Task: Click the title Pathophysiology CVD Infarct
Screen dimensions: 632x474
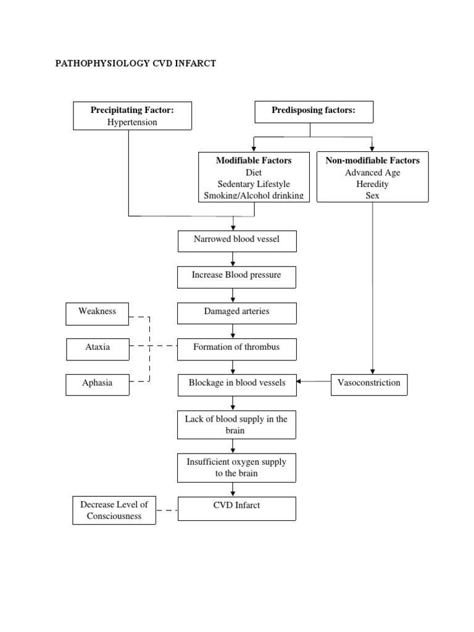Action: click(136, 64)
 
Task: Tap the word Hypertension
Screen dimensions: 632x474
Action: click(132, 122)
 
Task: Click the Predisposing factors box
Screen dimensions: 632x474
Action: click(314, 112)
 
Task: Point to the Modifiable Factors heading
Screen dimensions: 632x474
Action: click(254, 160)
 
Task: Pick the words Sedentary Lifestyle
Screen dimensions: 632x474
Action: click(254, 184)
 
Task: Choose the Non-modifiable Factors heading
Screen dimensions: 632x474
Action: click(372, 160)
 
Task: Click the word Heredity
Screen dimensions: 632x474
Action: click(372, 184)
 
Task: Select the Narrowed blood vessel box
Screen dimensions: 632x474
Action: click(237, 241)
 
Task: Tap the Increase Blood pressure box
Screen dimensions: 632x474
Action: click(237, 276)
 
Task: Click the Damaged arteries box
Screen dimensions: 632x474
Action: click(237, 312)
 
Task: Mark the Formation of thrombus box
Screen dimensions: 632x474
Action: click(237, 348)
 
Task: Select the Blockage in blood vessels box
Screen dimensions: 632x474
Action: click(237, 383)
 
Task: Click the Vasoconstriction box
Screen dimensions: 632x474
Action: click(369, 383)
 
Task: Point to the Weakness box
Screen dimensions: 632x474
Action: click(98, 312)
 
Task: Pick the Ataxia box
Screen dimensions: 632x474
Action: click(98, 348)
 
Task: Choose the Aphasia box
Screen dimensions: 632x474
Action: click(98, 383)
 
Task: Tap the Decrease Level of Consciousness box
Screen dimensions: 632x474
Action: click(114, 510)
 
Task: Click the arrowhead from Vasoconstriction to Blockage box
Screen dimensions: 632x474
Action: click(300, 382)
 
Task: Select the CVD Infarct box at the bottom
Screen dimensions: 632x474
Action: click(237, 508)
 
